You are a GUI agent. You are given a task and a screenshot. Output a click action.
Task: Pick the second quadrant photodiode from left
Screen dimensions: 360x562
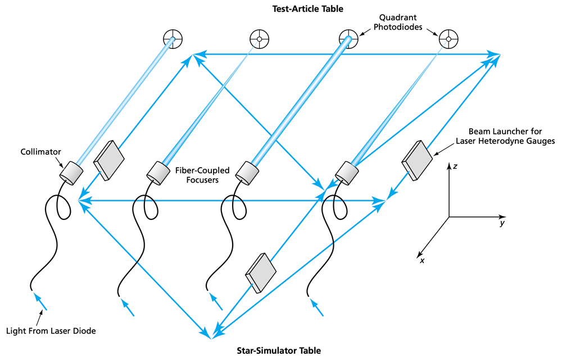pyautogui.click(x=259, y=39)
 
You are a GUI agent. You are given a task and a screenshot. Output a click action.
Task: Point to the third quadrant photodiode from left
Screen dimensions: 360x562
pyautogui.click(x=348, y=39)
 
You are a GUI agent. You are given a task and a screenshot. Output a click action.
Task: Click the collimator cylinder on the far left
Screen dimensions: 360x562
pyautogui.click(x=71, y=172)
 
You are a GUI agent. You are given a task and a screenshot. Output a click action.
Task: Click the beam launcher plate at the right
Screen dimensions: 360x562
pyautogui.click(x=416, y=160)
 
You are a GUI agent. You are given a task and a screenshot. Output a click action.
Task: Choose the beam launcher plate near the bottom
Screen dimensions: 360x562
pyautogui.click(x=261, y=273)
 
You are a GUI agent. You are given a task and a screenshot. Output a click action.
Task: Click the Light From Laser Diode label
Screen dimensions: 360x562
pyautogui.click(x=51, y=331)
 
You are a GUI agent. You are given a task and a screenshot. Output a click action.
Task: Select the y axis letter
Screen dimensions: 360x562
pyautogui.click(x=500, y=224)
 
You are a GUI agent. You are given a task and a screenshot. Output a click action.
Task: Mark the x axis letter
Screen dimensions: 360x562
pyautogui.click(x=422, y=260)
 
